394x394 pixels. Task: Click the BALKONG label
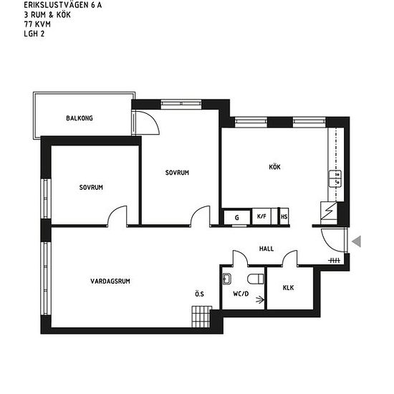[x=80, y=118]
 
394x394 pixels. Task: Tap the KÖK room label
[x=274, y=167]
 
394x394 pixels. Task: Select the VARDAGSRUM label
[x=110, y=282]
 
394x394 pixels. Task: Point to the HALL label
[x=266, y=249]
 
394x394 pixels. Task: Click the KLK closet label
[x=288, y=288]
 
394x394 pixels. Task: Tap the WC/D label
[x=241, y=294]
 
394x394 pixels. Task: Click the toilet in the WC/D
[x=256, y=279]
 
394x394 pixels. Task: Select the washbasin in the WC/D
[x=227, y=279]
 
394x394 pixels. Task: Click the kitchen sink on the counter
[x=335, y=178]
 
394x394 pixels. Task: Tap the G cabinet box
[x=237, y=217]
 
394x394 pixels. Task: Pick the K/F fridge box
[x=261, y=216]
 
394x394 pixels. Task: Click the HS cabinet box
[x=284, y=216]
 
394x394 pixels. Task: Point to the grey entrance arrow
[x=357, y=241]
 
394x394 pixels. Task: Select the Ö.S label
[x=200, y=294]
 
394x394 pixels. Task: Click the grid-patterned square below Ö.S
[x=202, y=317]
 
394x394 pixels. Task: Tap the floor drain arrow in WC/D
[x=260, y=299]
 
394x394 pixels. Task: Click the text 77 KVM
[x=37, y=24]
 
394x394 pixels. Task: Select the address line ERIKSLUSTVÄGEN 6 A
[x=63, y=5]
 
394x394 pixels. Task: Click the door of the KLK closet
[x=289, y=256]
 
